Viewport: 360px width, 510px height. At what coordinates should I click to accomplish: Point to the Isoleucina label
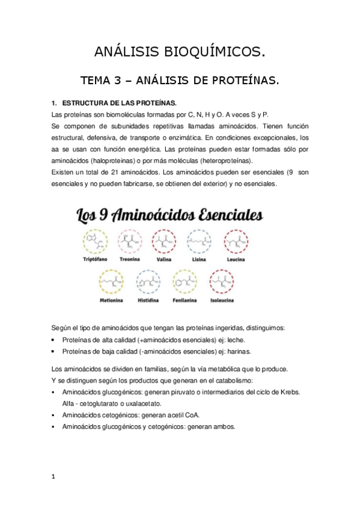224,300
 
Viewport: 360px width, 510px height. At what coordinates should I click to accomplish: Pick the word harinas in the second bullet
239,352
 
